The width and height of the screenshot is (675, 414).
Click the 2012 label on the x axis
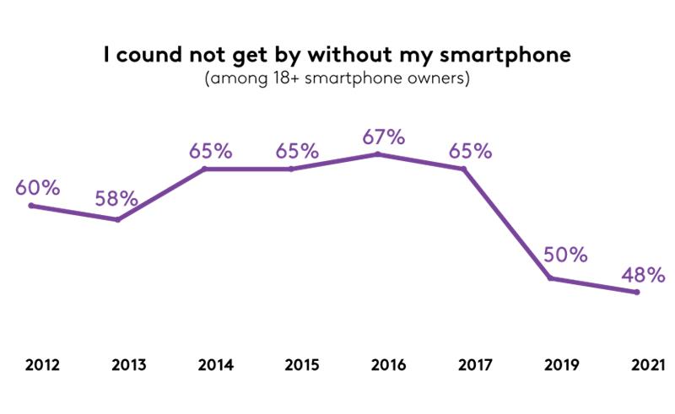(41, 365)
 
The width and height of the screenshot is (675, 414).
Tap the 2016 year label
(387, 365)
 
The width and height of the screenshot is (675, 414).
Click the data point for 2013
(118, 220)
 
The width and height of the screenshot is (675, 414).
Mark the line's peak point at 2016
(377, 154)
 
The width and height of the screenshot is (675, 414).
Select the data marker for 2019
(550, 278)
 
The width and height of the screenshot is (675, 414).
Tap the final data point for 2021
(637, 293)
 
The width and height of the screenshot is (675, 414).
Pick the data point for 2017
(464, 169)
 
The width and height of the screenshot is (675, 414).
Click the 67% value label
(383, 137)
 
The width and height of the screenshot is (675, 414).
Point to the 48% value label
(643, 275)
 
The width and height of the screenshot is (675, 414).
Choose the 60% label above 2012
(37, 187)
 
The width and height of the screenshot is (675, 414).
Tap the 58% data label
(116, 200)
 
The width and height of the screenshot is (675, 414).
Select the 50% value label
(564, 255)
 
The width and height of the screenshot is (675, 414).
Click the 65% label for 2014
(210, 151)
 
